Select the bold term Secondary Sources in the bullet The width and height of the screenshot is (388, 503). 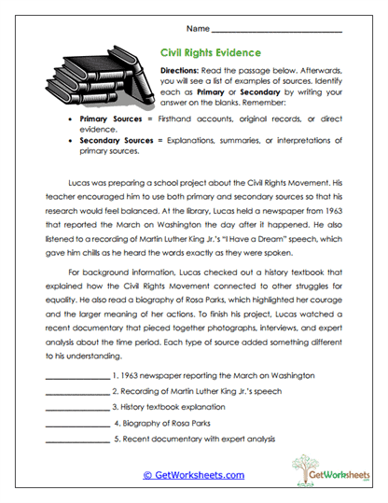[x=115, y=139]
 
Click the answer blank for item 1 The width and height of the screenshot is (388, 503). [x=76, y=375]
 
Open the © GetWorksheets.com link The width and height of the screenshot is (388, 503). [x=193, y=474]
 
